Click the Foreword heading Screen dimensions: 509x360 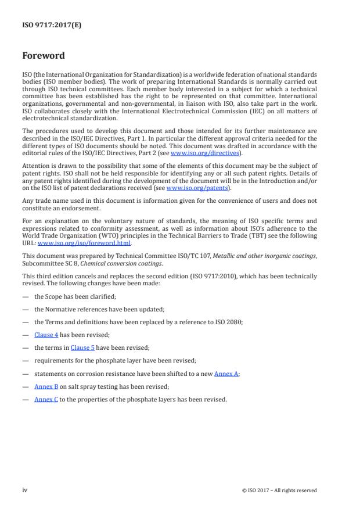pyautogui.click(x=43, y=56)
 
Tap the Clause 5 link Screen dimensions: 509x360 pyautogui.click(x=82, y=348)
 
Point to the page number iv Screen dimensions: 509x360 pyautogui.click(x=24, y=490)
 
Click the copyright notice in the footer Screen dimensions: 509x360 pyautogui.click(x=279, y=490)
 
